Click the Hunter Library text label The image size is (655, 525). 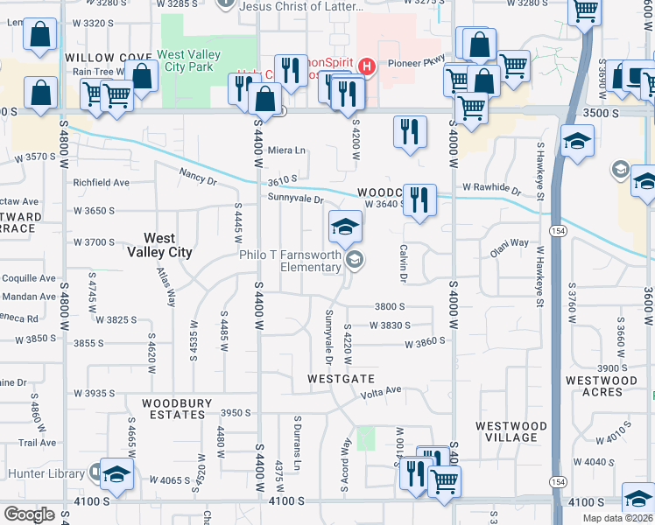click(x=46, y=473)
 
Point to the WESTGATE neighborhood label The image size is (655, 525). click(x=341, y=379)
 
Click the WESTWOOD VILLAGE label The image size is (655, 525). click(x=511, y=431)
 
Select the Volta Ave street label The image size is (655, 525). click(x=381, y=391)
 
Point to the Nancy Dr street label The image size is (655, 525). click(x=198, y=178)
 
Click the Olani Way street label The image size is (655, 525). click(x=509, y=243)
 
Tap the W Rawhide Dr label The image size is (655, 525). click(x=491, y=188)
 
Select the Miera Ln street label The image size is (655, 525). click(x=286, y=150)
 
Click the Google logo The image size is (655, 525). click(x=29, y=514)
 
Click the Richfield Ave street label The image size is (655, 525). click(x=102, y=183)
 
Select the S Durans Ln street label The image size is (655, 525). click(x=298, y=438)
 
